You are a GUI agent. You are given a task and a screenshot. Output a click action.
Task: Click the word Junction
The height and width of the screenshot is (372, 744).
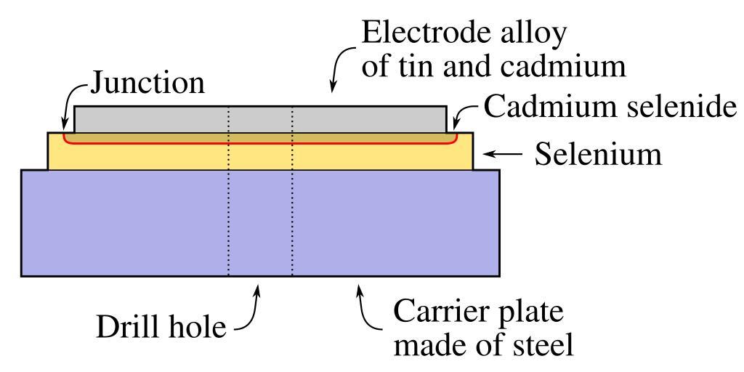click(x=147, y=85)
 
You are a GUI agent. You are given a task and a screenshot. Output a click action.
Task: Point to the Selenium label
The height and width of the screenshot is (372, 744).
click(x=598, y=154)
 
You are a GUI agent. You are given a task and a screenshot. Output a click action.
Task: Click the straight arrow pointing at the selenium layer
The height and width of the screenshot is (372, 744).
click(x=503, y=154)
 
